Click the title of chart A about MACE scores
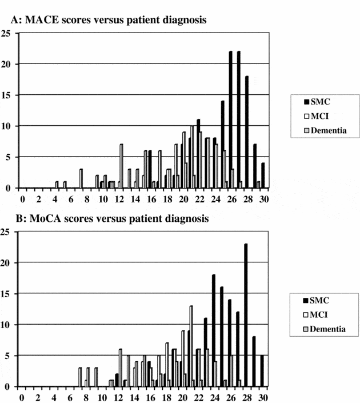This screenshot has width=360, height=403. point(109,20)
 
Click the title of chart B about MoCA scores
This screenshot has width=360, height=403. point(109,218)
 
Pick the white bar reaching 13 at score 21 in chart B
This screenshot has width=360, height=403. point(191,346)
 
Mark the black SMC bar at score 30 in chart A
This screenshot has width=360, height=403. point(263,175)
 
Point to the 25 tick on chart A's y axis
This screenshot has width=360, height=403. point(6,33)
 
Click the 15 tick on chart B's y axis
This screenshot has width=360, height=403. point(6,294)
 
